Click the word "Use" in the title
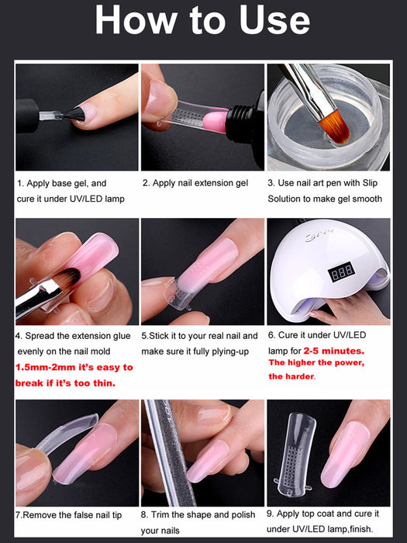(268, 21)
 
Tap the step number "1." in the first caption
(21, 184)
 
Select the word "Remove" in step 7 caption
(43, 514)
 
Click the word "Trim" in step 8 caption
(165, 514)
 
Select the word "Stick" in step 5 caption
(163, 336)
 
